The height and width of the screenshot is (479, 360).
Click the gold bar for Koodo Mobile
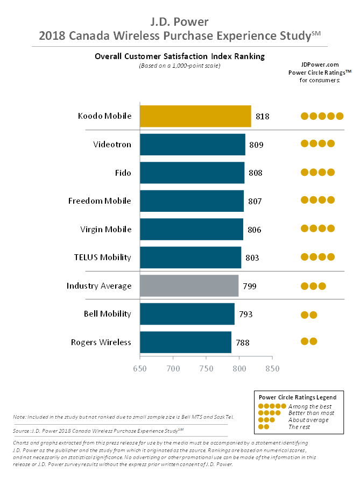point(195,116)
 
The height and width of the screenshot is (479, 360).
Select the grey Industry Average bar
point(189,285)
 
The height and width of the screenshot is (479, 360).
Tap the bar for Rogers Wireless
point(186,342)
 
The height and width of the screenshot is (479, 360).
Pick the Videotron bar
point(193,144)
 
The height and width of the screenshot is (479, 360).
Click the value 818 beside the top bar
point(263,116)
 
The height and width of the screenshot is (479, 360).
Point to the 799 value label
point(249,286)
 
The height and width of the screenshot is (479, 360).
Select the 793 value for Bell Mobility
point(245,314)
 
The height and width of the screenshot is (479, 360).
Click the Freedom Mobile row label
point(100,201)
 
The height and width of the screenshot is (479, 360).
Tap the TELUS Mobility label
point(102,257)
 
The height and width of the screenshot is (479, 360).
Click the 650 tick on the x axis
point(140,368)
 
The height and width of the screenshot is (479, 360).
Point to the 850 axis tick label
point(272,368)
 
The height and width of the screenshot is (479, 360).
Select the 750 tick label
point(206,368)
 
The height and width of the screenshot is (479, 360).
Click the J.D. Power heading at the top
point(180,22)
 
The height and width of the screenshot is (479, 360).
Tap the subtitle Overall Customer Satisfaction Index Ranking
point(180,56)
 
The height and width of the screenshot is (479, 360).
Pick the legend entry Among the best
point(310,406)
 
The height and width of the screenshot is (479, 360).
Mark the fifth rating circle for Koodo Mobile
point(340,116)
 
